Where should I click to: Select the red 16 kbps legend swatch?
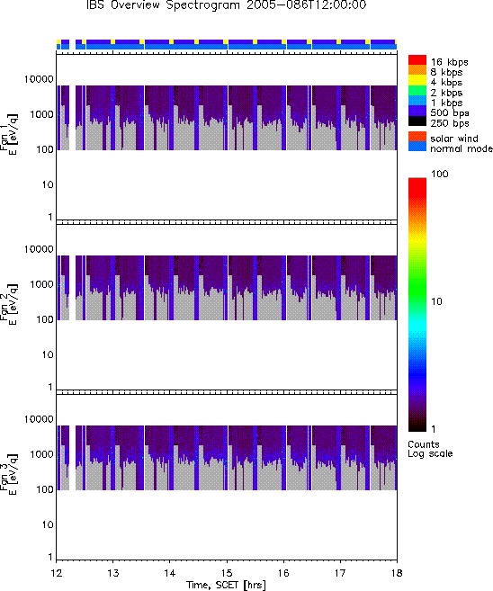417,59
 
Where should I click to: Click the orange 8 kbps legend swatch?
417,70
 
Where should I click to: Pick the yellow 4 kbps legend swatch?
417,80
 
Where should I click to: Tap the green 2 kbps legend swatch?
417,91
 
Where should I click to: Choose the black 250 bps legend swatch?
417,121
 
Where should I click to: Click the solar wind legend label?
453,139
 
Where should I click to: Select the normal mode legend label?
462,148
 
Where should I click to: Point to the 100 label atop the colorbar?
440,174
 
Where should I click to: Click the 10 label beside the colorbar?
436,301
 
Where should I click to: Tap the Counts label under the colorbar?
424,444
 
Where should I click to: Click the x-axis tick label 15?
227,573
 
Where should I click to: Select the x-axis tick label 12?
56,573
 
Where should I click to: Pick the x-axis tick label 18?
397,573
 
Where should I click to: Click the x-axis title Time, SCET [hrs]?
226,585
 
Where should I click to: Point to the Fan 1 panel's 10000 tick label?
39,79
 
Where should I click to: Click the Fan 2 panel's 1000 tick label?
42,284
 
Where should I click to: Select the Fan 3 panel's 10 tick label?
48,524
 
